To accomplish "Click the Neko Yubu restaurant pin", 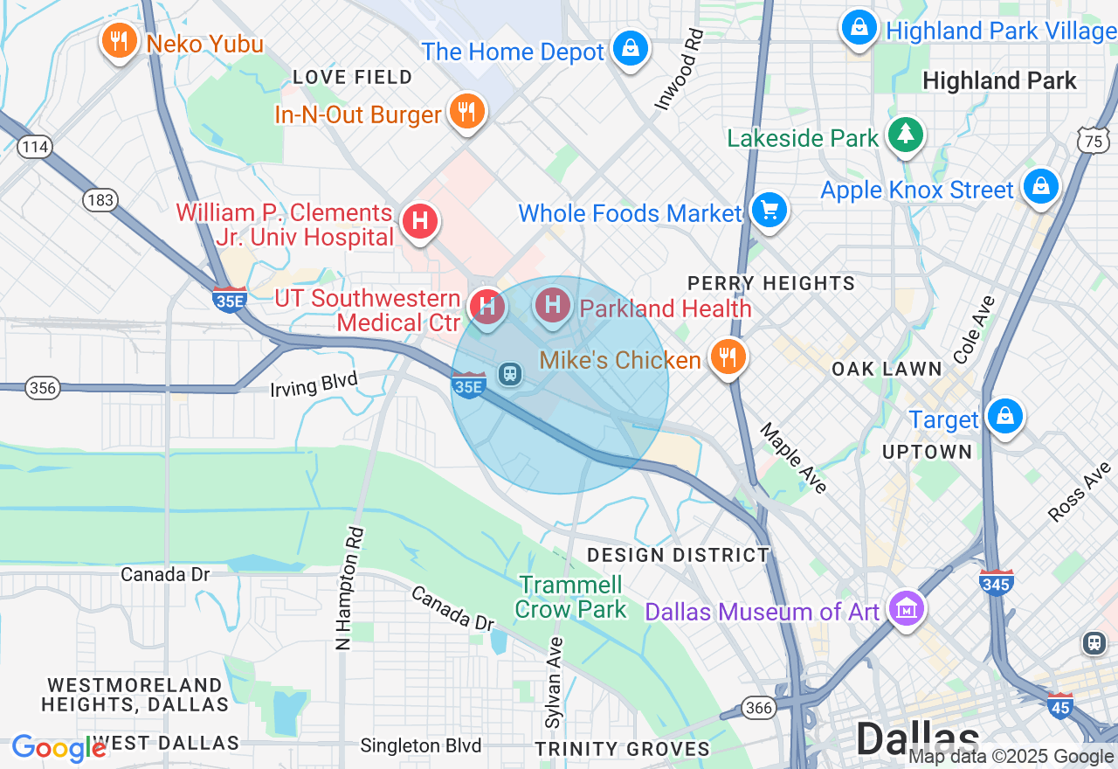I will pos(119,40).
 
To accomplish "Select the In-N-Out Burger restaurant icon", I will pos(466,111).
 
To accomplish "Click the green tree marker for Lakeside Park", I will pos(906,134).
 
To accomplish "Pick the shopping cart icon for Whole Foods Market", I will pos(769,210).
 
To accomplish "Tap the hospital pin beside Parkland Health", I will pos(552,305).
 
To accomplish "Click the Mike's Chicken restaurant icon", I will pos(726,356).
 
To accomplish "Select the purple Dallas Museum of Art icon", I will pos(906,607).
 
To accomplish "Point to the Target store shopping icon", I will pos(1005,416).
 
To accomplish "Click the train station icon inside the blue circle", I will pos(510,374).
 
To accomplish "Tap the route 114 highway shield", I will pos(35,146).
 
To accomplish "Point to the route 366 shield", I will pos(759,707).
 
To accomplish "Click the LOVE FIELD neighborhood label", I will pos(353,77).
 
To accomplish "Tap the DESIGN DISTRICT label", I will pos(679,555).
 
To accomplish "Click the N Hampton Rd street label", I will pos(349,587).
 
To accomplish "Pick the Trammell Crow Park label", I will pos(571,597).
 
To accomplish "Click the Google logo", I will pos(59,748).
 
